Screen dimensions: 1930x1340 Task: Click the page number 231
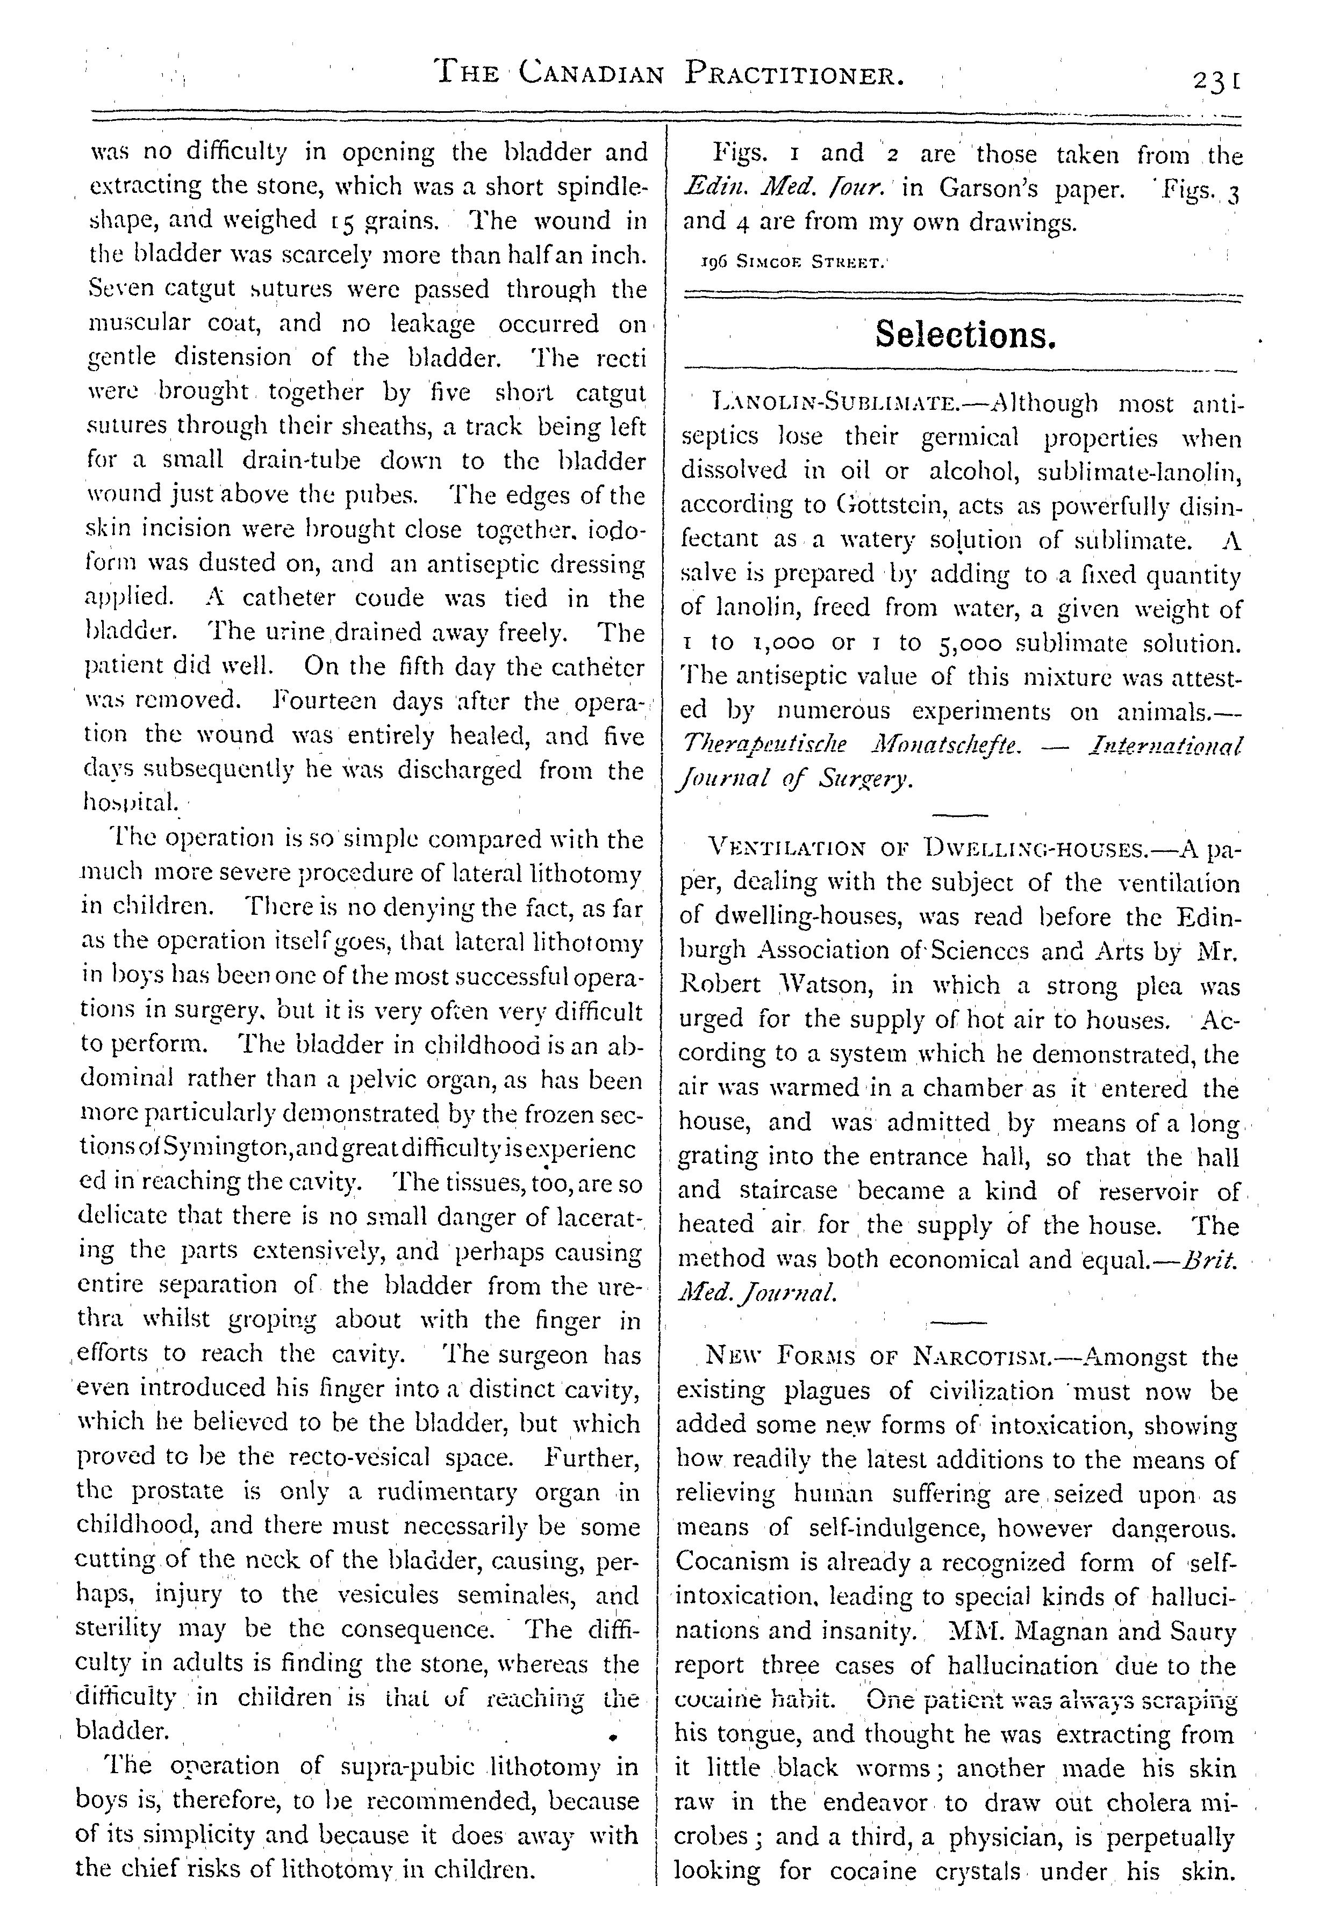coord(1215,82)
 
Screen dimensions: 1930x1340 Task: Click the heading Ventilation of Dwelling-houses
coord(933,848)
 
